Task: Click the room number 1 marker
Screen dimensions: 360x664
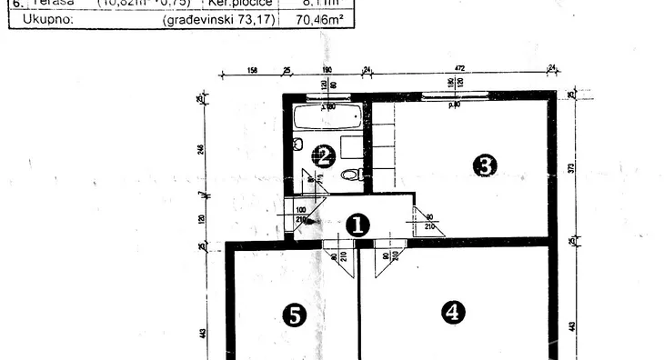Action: (x=358, y=225)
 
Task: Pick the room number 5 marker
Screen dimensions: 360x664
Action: (x=294, y=315)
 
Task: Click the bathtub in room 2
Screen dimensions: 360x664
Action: (x=327, y=117)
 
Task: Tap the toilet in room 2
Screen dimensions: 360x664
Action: (x=351, y=175)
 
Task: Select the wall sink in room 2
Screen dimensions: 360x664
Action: (x=297, y=144)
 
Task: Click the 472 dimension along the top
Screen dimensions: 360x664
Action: (x=459, y=68)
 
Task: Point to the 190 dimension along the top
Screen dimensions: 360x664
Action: (x=327, y=68)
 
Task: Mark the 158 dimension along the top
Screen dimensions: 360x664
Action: (x=253, y=68)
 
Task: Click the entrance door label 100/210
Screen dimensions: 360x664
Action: (x=301, y=215)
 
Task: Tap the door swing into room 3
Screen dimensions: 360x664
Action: (x=428, y=222)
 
